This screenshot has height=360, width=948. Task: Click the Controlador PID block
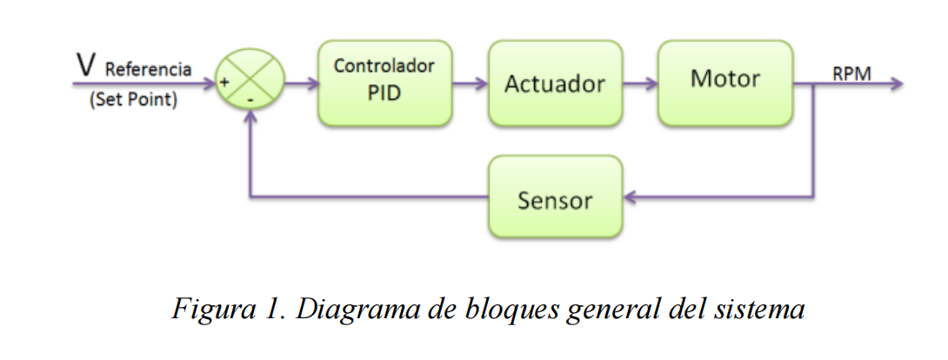coord(384,83)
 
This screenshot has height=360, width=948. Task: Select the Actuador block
coord(555,83)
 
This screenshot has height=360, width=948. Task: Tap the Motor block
coord(724,81)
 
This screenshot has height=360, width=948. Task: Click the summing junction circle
coord(250,84)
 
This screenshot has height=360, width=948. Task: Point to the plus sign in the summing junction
coord(224,83)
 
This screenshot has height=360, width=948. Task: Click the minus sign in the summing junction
coord(250,101)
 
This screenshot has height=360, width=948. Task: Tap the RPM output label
coord(852,73)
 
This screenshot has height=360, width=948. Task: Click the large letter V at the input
coord(86,65)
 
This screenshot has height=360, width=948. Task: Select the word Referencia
coord(148,70)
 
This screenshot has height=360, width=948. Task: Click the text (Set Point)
coord(133,100)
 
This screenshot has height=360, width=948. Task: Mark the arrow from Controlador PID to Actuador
coord(470,84)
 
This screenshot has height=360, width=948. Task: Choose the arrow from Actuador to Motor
coord(640,84)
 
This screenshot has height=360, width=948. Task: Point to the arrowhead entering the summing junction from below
coord(250,119)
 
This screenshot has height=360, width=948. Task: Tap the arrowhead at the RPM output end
coord(897,84)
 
